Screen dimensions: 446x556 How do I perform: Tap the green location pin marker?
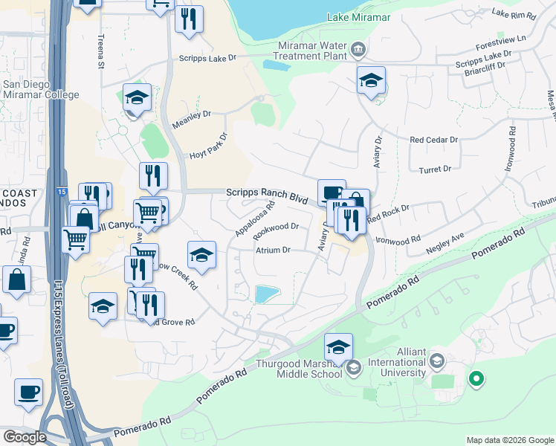476,380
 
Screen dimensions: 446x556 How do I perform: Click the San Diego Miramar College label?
41,89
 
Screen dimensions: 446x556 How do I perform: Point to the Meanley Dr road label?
192,119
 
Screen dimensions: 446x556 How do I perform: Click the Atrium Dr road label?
273,251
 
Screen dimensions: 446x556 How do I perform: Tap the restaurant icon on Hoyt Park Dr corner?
153,175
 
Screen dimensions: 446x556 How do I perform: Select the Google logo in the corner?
25,437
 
